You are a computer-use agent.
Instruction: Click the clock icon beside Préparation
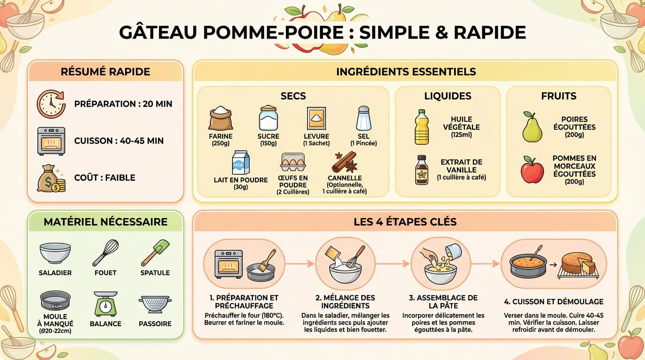click(51, 104)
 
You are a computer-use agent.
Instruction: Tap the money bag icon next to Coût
click(51, 178)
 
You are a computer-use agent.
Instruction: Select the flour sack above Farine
click(221, 119)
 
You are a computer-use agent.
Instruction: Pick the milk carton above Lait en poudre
click(241, 163)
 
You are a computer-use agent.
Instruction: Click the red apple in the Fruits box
click(532, 171)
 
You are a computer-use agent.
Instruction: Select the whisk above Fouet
click(105, 253)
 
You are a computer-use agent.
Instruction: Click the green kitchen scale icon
click(105, 304)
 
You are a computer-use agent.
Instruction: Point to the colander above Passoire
click(155, 304)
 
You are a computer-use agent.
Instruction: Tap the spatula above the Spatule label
click(156, 253)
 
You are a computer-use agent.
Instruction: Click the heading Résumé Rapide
click(105, 72)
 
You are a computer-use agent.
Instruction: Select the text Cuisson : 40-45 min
click(119, 141)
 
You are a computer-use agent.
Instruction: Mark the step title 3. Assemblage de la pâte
click(443, 302)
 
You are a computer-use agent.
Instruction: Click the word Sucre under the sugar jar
click(269, 136)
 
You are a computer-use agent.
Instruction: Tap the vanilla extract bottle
click(422, 170)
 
